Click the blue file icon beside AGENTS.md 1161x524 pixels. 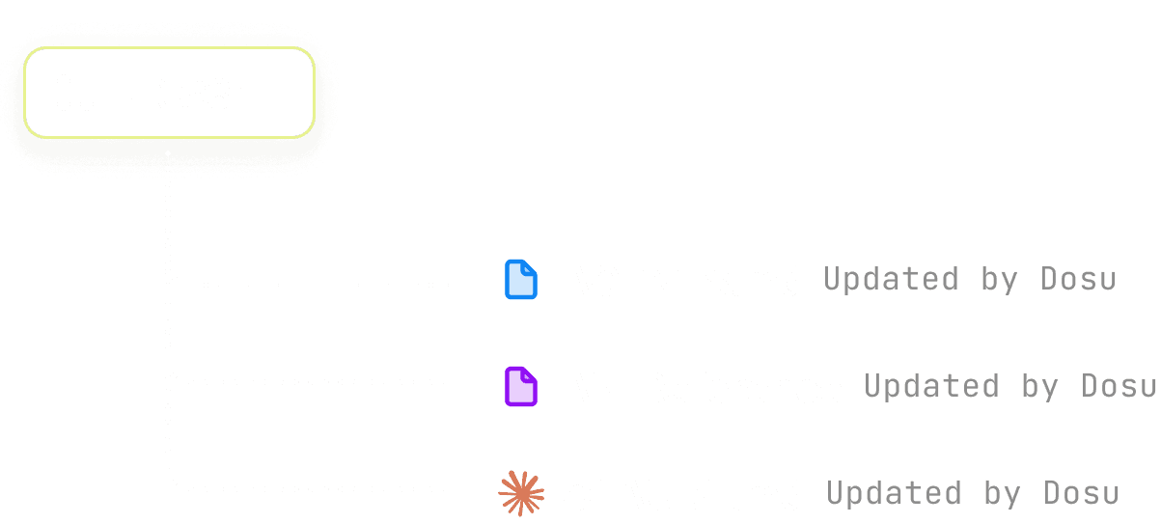[521, 280]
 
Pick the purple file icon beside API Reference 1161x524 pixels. [521, 387]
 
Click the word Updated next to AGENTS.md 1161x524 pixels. [891, 280]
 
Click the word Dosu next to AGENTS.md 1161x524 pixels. [1079, 280]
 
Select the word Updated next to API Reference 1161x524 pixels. [931, 387]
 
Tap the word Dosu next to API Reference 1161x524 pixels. [1120, 387]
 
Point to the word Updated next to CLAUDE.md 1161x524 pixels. [894, 494]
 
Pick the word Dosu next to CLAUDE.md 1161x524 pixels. [1082, 494]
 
